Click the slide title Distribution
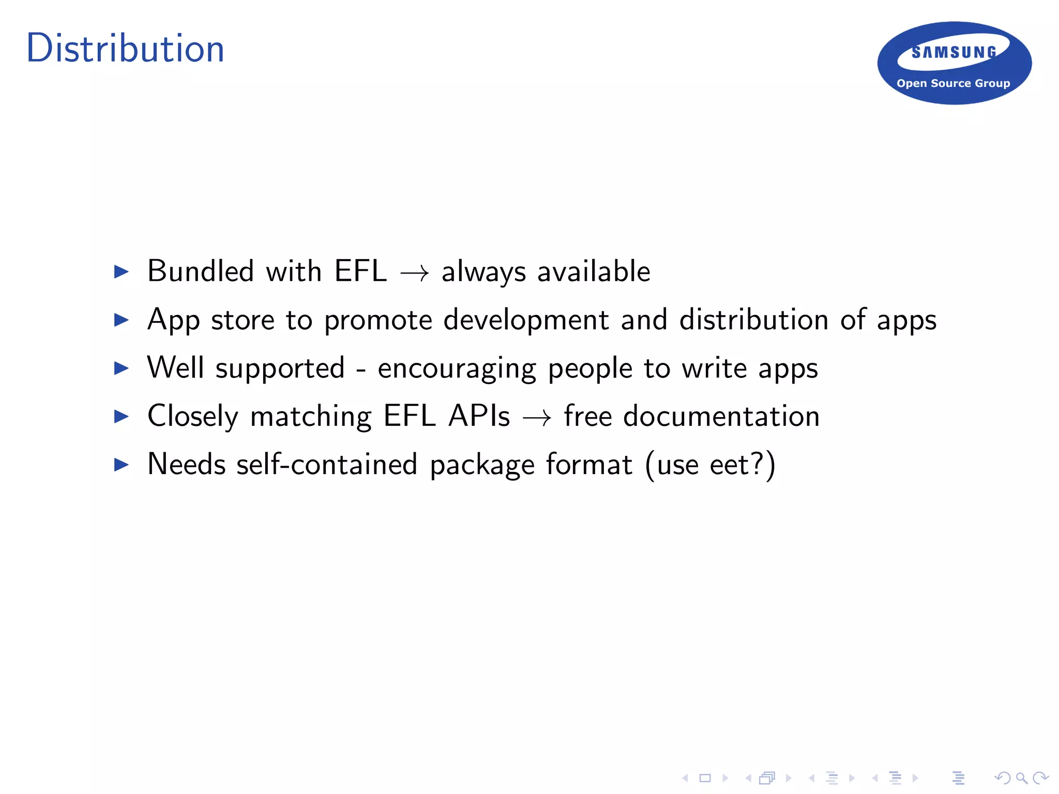[125, 49]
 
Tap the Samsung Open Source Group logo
[954, 63]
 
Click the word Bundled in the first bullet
[201, 271]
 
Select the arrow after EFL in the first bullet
[414, 273]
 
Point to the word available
[594, 271]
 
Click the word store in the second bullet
[243, 320]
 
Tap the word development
[526, 320]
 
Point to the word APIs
[479, 416]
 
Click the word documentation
[721, 416]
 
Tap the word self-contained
[326, 464]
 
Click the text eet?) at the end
[743, 464]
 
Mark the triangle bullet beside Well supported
[121, 368]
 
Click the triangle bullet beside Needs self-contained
[121, 464]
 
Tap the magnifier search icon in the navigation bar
[1021, 778]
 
